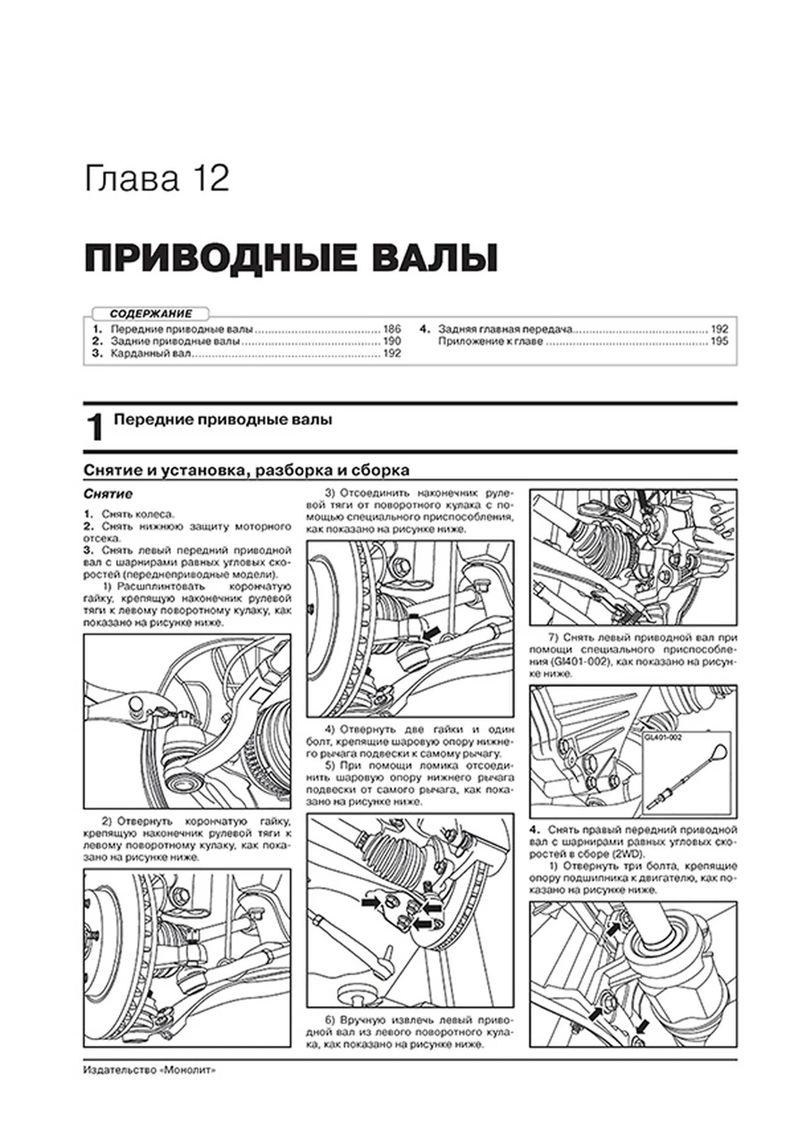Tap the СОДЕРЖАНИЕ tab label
pyautogui.click(x=151, y=314)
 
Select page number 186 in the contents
pyautogui.click(x=392, y=329)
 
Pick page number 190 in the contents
pyautogui.click(x=392, y=341)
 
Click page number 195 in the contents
pyautogui.click(x=719, y=341)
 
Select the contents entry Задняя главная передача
pyautogui.click(x=504, y=329)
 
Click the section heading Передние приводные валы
pyautogui.click(x=224, y=420)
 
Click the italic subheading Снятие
pyautogui.click(x=107, y=494)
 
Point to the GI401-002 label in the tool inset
pyautogui.click(x=663, y=737)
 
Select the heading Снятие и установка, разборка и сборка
pyautogui.click(x=246, y=471)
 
